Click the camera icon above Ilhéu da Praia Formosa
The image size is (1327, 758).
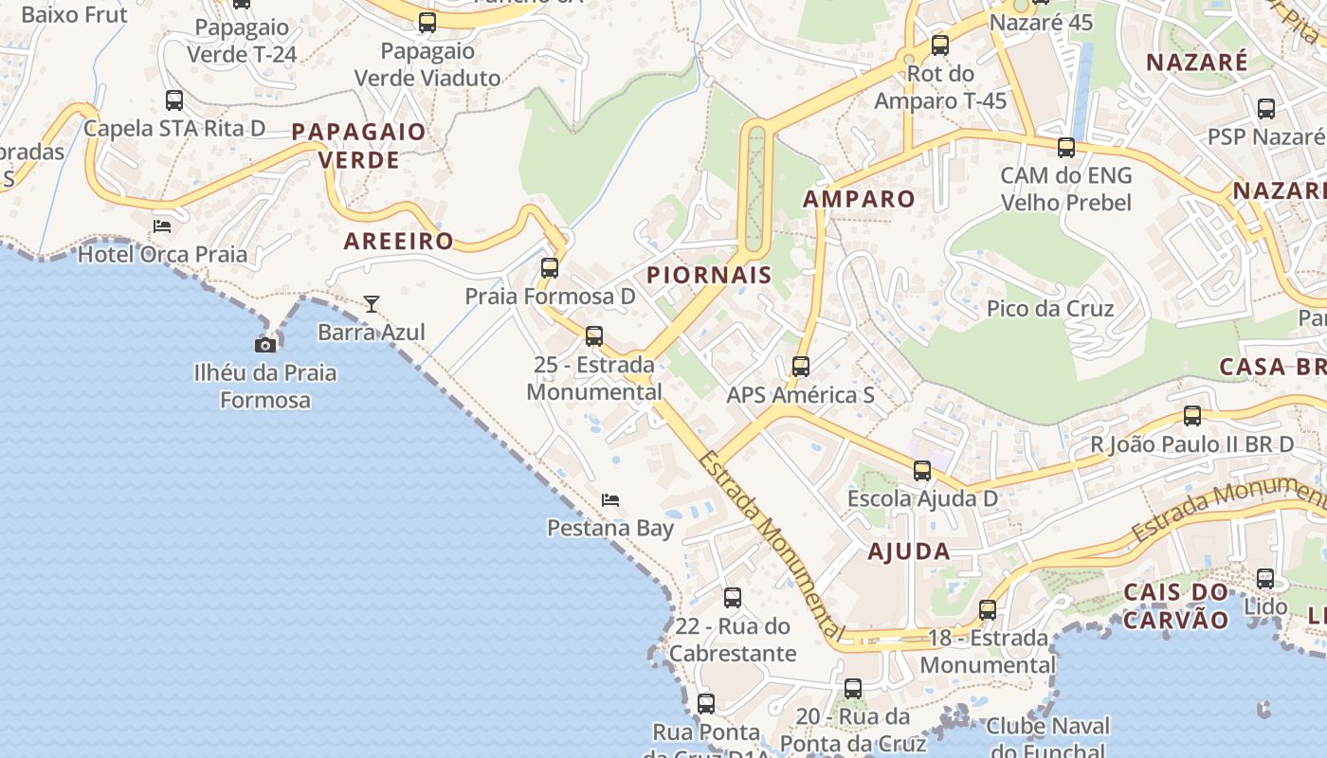click(x=265, y=345)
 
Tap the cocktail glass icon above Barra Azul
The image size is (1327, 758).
click(x=372, y=304)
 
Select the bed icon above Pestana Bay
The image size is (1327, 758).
click(x=610, y=500)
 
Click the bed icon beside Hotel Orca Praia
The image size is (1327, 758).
click(x=162, y=226)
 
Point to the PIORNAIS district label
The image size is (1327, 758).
click(x=709, y=276)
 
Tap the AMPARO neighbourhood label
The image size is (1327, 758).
click(x=859, y=199)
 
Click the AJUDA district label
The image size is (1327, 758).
click(x=908, y=551)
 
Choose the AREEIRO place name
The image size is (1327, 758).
click(x=399, y=242)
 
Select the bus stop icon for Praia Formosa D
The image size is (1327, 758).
click(x=550, y=268)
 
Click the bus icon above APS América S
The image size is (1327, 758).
click(x=801, y=367)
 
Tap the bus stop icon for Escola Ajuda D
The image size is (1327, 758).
click(x=922, y=471)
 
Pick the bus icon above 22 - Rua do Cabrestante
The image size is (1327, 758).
click(x=733, y=598)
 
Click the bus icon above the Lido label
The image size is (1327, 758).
click(x=1265, y=579)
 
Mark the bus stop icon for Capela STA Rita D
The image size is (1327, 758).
click(x=174, y=100)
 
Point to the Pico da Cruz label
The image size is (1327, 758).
click(x=1050, y=309)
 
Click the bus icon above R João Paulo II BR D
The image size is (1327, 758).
click(x=1192, y=416)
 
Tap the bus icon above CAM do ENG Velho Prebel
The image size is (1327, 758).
click(x=1066, y=148)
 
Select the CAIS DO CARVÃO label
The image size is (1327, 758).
click(x=1175, y=606)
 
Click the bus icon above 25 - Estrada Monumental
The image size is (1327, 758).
click(x=594, y=336)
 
